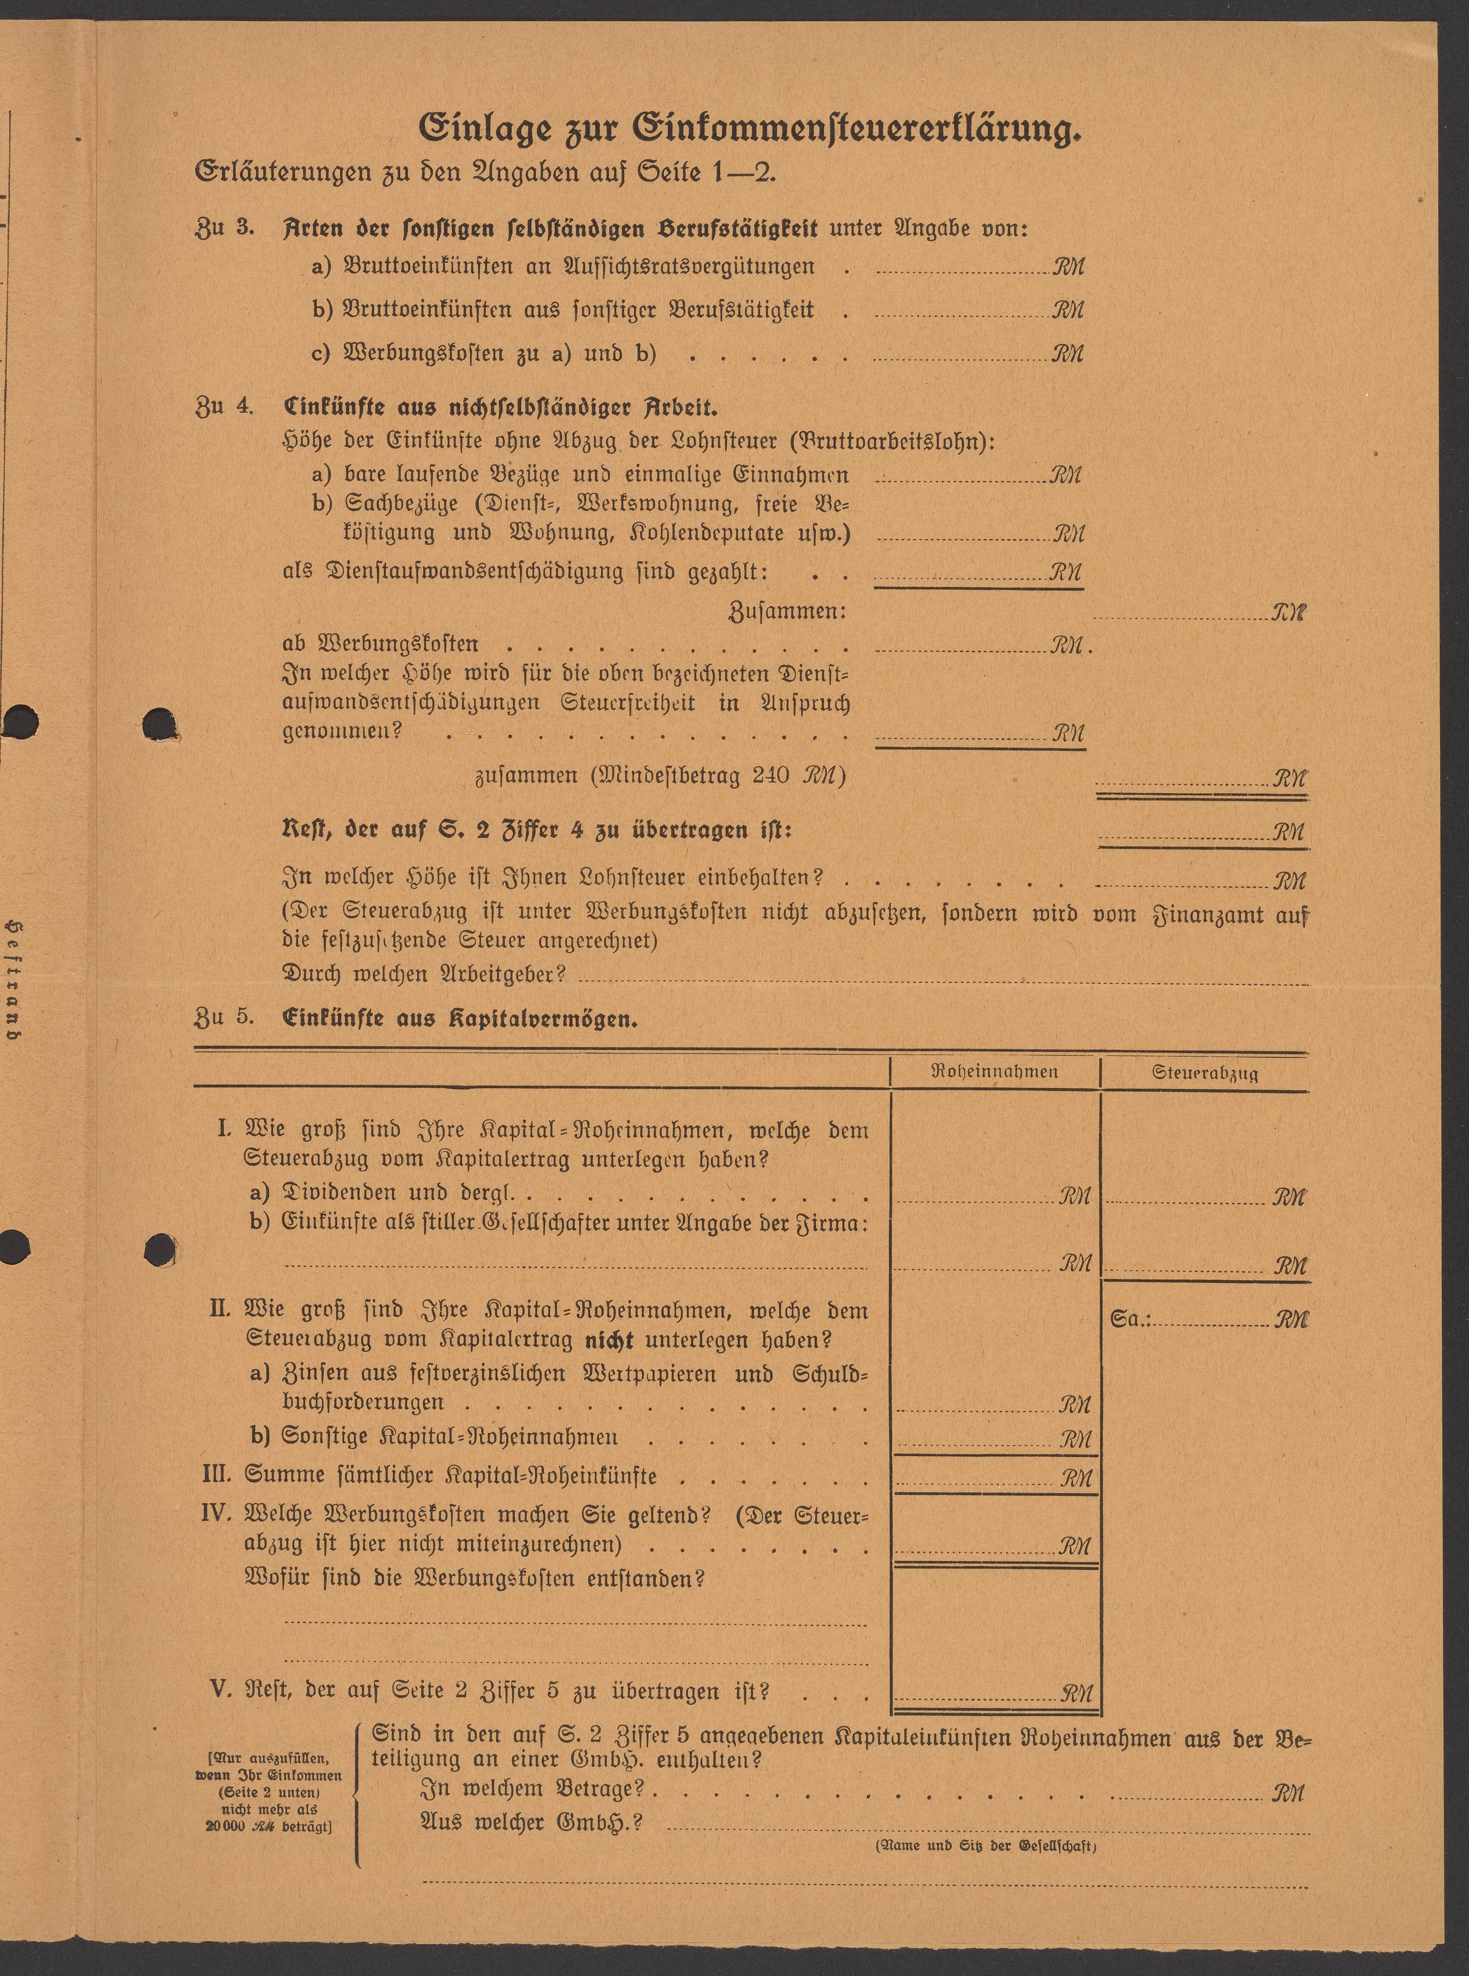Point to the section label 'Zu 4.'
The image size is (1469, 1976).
click(x=224, y=407)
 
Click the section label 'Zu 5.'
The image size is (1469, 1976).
click(x=224, y=1017)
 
